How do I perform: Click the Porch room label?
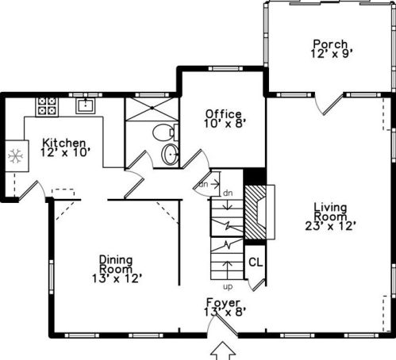[x=330, y=44]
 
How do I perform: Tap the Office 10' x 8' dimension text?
[x=225, y=124]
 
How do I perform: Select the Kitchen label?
[x=64, y=143]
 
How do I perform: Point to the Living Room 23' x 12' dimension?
[x=330, y=226]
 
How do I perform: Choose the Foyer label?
[x=223, y=303]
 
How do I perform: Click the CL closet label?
[x=256, y=262]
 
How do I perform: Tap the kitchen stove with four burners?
[x=47, y=106]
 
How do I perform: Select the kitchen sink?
[x=85, y=105]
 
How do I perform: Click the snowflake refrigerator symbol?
[x=16, y=156]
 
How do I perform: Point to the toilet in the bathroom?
[x=165, y=132]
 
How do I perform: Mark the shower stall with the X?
[x=152, y=109]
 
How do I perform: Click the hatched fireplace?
[x=256, y=212]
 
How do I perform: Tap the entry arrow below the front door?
[x=223, y=350]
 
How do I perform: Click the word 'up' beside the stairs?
[x=228, y=287]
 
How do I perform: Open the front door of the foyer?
[x=221, y=325]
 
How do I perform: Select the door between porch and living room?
[x=329, y=105]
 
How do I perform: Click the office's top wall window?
[x=225, y=68]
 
